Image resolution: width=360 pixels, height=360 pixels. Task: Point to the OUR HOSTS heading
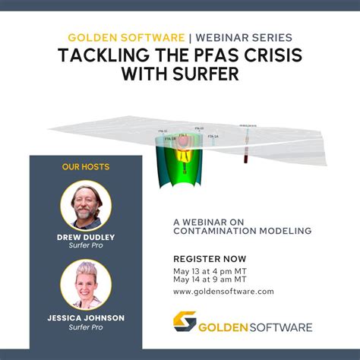click(86, 166)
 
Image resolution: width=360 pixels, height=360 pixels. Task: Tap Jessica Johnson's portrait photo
click(86, 284)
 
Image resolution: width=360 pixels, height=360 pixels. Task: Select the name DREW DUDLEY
click(86, 238)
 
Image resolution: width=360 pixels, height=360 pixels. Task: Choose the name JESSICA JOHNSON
click(86, 317)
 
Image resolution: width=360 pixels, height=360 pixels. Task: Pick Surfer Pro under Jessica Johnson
click(86, 328)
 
